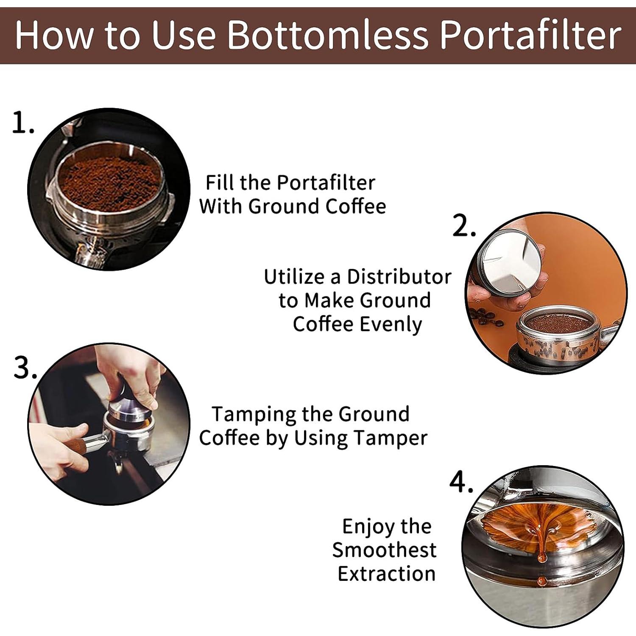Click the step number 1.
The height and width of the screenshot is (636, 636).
tap(22, 123)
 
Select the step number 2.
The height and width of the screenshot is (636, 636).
tap(463, 226)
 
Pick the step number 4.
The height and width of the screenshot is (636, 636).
tap(461, 483)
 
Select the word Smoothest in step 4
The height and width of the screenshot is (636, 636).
tap(384, 550)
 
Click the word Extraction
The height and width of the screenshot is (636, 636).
tap(386, 574)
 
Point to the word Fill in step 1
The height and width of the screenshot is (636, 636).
tap(220, 183)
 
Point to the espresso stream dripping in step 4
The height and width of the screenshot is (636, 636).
tap(541, 551)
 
